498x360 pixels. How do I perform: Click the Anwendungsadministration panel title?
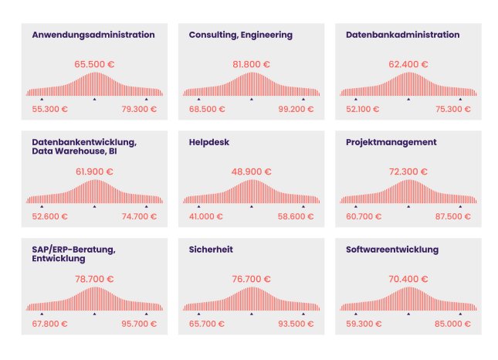point(93,35)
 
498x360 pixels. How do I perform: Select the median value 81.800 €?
point(251,64)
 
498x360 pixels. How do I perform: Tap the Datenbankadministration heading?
point(402,35)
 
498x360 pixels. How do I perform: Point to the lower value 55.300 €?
point(49,109)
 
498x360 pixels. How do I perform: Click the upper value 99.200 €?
point(297,109)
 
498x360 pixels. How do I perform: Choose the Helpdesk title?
point(208,142)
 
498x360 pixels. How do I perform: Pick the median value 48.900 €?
point(251,172)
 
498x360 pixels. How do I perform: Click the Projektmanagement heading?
point(391,142)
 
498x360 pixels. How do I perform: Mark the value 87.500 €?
point(454,216)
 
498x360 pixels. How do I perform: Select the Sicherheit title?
point(211,250)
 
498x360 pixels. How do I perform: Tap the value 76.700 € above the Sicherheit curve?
point(251,279)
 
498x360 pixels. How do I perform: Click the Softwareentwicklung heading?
point(392,250)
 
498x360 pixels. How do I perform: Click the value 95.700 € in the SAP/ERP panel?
point(140,324)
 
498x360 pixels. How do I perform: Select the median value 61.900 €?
point(94,172)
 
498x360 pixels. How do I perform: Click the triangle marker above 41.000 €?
point(198,207)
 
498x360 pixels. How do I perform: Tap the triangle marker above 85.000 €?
point(460,314)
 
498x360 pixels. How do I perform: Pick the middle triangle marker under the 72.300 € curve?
point(408,207)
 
